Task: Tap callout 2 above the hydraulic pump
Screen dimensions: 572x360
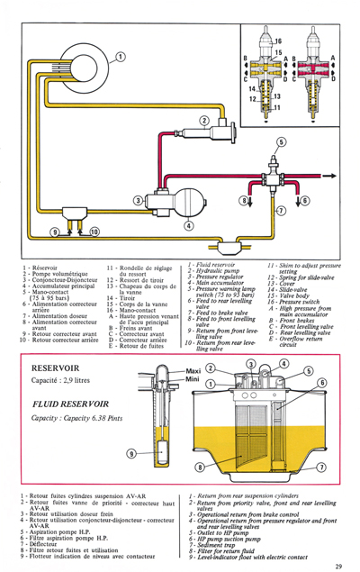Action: click(x=204, y=122)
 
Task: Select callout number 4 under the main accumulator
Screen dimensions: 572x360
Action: click(x=188, y=225)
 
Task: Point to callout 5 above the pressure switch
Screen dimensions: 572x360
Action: click(x=281, y=142)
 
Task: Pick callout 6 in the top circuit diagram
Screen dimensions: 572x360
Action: click(x=303, y=200)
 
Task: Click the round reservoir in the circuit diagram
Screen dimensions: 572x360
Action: click(x=65, y=79)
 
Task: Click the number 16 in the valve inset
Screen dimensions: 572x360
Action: click(x=277, y=42)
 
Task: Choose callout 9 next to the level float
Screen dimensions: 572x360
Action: click(x=133, y=452)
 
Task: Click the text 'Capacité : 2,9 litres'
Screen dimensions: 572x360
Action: click(x=67, y=384)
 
